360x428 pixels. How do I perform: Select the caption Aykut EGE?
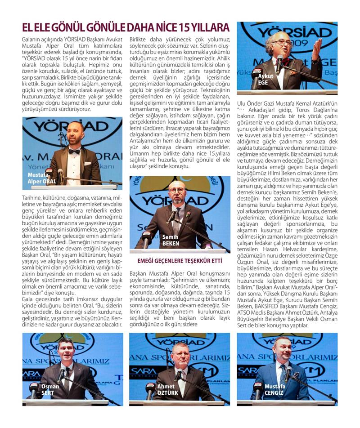[x=266, y=79]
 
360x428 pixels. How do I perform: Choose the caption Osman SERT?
[x=50, y=389]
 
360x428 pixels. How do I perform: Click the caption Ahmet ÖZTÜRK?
[x=167, y=389]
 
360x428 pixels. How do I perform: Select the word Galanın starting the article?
[x=31, y=40]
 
